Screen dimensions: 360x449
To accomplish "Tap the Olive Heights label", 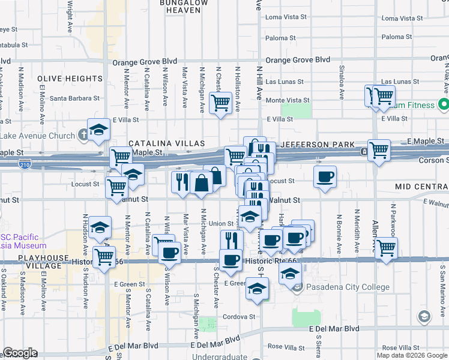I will click(70, 79).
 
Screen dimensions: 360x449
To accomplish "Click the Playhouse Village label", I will click(35, 258).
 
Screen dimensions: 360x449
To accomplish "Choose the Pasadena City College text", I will click(348, 287).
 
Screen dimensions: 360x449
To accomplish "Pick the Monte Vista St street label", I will click(288, 100).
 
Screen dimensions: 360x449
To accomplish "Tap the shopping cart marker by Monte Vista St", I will click(221, 103).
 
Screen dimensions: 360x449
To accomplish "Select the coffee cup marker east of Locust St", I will click(325, 176).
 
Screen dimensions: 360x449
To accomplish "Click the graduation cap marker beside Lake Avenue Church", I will click(97, 130).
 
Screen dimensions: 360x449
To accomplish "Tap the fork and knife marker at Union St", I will click(231, 240).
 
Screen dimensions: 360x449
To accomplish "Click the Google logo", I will click(20, 353).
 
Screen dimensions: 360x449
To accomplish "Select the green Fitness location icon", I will click(444, 105).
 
